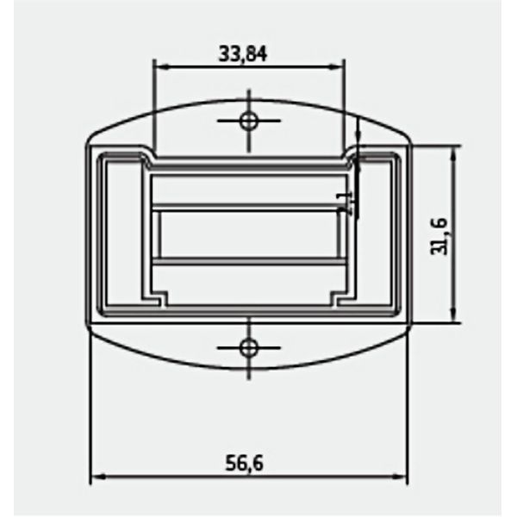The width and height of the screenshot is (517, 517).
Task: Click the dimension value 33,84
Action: pos(244,53)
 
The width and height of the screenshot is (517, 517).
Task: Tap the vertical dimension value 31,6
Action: pos(439,235)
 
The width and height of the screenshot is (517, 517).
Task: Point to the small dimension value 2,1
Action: pos(346,202)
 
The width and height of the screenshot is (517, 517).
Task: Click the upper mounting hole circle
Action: pos(249,120)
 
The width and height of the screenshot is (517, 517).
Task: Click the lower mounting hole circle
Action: pos(249,347)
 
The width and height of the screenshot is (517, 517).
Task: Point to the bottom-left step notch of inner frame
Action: pos(161,299)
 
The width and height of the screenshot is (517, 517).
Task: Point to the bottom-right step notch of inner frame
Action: pos(337,299)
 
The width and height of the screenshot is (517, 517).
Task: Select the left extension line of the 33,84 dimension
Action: pos(153,103)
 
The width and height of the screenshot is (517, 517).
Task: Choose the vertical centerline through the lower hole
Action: pos(249,366)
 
